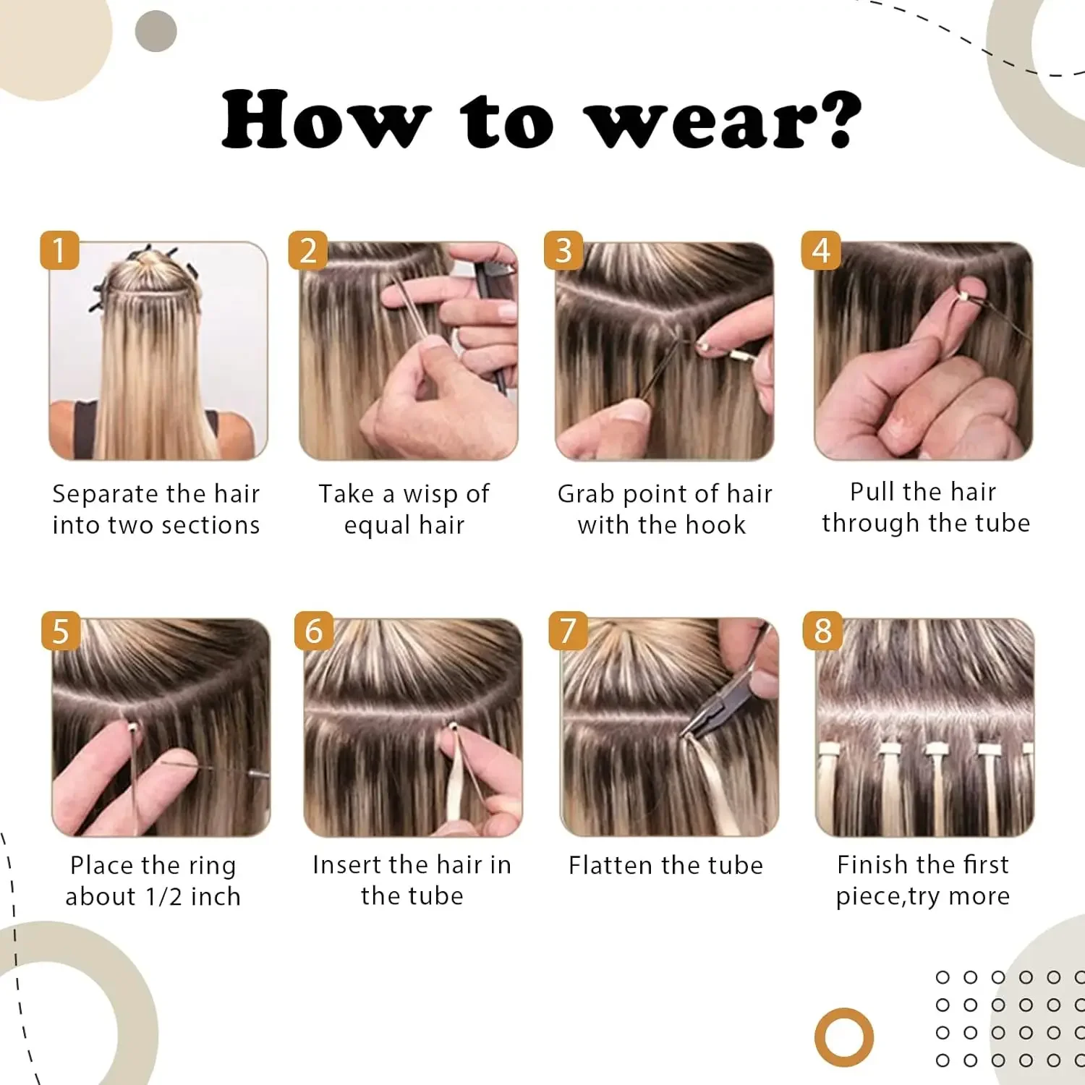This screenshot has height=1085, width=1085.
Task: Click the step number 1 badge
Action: (x=59, y=250)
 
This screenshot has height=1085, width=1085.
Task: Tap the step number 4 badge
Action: (x=820, y=250)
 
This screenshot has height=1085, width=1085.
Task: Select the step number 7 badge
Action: (x=568, y=630)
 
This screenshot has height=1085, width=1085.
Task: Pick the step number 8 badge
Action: (x=822, y=630)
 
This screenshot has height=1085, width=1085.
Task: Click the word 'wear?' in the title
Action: (x=723, y=120)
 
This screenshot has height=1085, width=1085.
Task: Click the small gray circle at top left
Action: (x=156, y=31)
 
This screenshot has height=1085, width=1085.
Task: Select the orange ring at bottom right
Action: (x=843, y=1037)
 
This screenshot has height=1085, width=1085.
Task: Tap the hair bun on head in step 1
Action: (x=148, y=258)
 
